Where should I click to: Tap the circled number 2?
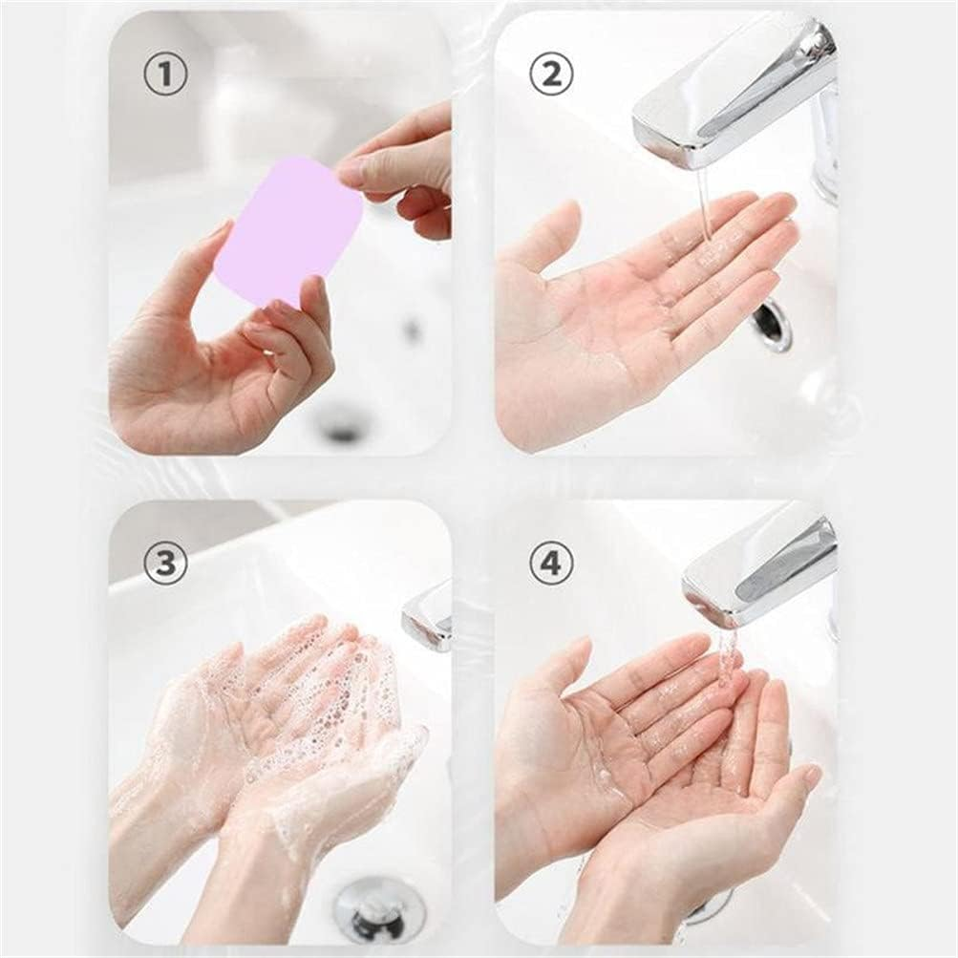coord(551,75)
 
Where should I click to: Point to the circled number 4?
coord(551,564)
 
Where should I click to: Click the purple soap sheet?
coord(287,229)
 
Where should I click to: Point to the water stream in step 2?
coord(704,205)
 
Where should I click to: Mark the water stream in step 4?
coord(728,659)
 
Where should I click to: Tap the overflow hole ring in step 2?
coord(772,326)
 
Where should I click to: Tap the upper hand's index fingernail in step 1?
coord(351,171)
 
